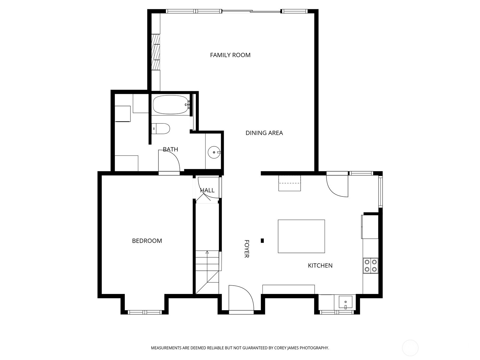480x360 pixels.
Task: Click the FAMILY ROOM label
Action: tap(230, 55)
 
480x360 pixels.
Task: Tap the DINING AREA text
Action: tap(264, 133)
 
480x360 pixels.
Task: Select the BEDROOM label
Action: tap(147, 241)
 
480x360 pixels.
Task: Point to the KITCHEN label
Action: tap(320, 265)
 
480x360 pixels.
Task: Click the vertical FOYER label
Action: tap(247, 249)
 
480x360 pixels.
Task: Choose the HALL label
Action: tap(207, 190)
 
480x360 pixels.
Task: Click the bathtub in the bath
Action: tap(170, 105)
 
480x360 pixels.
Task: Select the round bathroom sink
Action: tap(214, 152)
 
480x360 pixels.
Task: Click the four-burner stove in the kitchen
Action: tap(370, 265)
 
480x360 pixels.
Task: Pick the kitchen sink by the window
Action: tap(345, 301)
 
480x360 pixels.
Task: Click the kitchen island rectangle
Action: tap(301, 236)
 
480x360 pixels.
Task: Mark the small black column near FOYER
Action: tap(262, 240)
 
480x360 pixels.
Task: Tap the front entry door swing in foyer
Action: tap(240, 297)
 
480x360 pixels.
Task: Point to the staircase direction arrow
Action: tap(207, 253)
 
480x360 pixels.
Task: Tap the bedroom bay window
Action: tap(145, 312)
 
